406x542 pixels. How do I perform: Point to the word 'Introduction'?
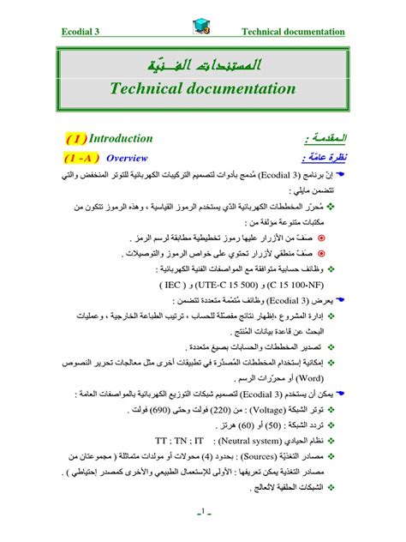click(x=122, y=138)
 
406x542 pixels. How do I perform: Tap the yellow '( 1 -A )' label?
click(x=82, y=158)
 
